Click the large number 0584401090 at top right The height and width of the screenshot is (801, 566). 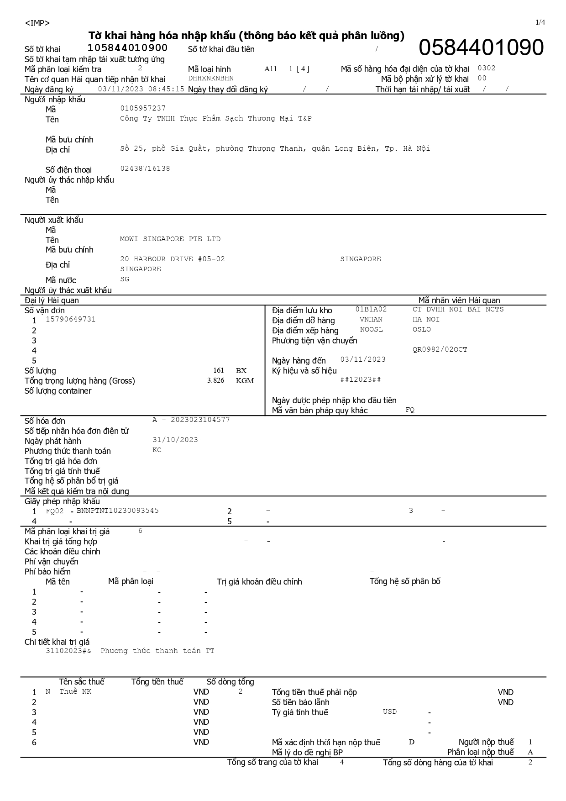coord(481,48)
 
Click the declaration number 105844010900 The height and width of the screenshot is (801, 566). coord(127,48)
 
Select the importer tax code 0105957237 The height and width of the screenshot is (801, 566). coord(143,108)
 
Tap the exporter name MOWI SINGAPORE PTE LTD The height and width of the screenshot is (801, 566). coord(170,239)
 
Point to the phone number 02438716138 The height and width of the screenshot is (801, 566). coord(145,169)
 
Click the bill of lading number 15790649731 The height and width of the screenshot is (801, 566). coord(71,319)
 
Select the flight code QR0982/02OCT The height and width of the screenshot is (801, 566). coord(440,349)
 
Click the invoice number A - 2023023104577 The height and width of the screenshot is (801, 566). coord(191,420)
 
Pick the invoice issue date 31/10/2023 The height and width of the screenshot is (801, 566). coord(175,440)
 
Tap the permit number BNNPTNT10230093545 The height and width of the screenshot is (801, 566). coord(118,511)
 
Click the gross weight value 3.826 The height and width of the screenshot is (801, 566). coord(215,380)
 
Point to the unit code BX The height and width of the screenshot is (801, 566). coord(241,370)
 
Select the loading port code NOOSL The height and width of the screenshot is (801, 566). coord(371,329)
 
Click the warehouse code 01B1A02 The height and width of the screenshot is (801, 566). coord(371,309)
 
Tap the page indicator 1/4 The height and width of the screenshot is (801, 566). coord(540,22)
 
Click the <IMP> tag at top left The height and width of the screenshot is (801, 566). coord(37,23)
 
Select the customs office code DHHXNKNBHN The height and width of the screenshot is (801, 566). coord(211,78)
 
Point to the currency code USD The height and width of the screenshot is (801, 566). coord(390,711)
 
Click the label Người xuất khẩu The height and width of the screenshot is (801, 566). coord(54,220)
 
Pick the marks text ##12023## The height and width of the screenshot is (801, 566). coord(361,379)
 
